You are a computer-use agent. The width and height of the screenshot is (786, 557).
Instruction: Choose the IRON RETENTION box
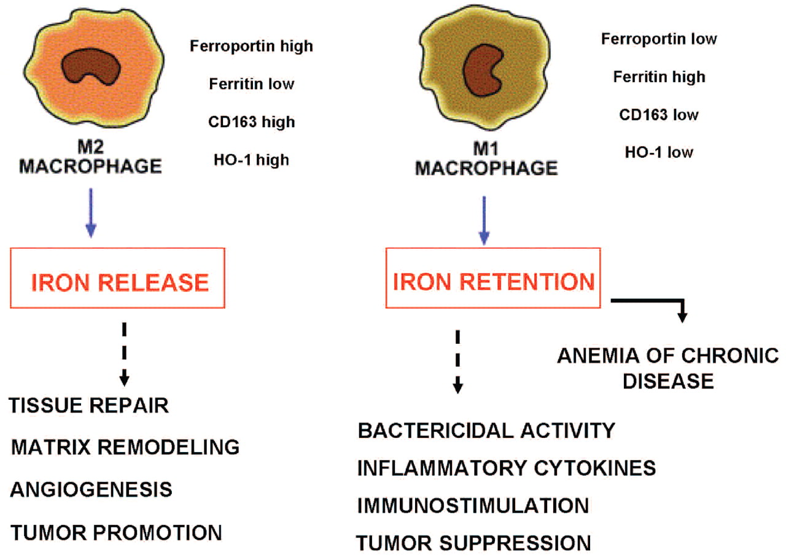(493, 281)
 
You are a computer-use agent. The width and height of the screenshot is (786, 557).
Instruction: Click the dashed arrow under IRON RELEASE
(125, 353)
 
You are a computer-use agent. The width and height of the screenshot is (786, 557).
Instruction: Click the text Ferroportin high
(251, 45)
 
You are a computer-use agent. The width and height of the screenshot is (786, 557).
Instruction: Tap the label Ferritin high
(660, 77)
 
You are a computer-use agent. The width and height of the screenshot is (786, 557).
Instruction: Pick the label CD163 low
(659, 114)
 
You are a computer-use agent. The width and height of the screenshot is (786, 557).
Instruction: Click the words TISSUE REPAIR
(89, 406)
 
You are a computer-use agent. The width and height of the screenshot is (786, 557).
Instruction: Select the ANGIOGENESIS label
(91, 489)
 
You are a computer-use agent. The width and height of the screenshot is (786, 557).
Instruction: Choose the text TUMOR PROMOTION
(116, 532)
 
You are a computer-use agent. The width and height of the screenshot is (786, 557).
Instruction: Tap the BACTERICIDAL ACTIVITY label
(486, 430)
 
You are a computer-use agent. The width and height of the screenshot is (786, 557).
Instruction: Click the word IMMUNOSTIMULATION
(473, 505)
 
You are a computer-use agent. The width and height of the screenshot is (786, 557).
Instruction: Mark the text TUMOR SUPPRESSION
(473, 543)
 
